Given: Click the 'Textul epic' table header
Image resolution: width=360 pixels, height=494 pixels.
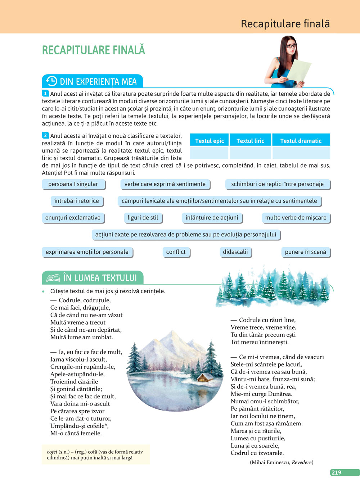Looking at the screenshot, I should point(209,141).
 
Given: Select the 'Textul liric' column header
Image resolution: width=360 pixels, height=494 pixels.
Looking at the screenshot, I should point(250,141).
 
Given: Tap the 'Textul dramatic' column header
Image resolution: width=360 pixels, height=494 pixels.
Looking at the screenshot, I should point(301,141).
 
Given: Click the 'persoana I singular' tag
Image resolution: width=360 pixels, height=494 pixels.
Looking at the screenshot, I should point(73,184).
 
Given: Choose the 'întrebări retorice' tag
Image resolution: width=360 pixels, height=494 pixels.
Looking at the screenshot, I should point(77,201).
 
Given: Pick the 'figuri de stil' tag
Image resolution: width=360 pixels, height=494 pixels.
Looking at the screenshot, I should point(143,218).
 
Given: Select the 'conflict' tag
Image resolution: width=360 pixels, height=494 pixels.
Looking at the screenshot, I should point(176,252).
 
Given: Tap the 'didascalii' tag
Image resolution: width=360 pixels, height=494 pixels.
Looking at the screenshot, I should point(235,252).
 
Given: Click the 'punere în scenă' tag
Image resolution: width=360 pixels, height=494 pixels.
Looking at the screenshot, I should point(305,252).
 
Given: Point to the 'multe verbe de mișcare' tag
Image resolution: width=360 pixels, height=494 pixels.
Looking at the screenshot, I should point(296,218).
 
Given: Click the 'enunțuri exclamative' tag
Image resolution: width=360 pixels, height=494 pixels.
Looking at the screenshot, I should point(73,218).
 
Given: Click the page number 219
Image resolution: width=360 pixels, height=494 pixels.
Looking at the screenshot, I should point(337,472).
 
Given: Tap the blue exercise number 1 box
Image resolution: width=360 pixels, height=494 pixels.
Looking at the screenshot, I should point(45,94).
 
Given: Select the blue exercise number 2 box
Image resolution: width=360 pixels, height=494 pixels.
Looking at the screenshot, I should point(45,135).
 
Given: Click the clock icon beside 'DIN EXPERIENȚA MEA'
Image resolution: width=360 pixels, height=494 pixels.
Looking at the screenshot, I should point(51,81).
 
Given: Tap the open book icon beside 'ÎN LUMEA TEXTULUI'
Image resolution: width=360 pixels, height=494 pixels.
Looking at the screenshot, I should point(53,278).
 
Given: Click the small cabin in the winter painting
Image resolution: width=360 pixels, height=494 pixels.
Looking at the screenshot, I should point(205,377).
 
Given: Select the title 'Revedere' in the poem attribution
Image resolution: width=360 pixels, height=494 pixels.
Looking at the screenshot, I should point(302,462).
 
